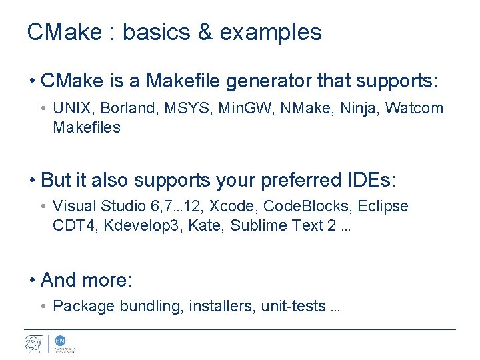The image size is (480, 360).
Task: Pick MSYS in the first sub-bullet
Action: click(x=174, y=108)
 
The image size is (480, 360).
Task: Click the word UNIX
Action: click(x=71, y=108)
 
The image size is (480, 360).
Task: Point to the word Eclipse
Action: click(x=383, y=207)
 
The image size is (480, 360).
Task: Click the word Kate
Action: click(x=204, y=226)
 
